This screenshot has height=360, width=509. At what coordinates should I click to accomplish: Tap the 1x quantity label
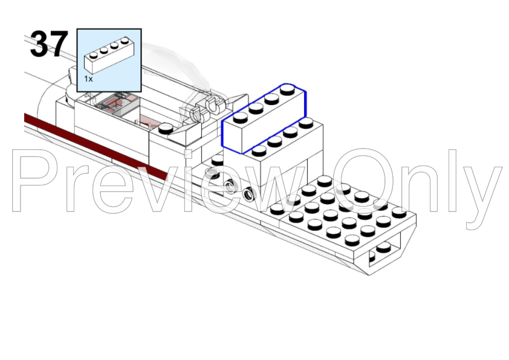(88, 79)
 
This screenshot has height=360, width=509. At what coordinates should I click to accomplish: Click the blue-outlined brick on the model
(264, 118)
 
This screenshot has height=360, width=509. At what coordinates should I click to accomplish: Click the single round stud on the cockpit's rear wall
(166, 128)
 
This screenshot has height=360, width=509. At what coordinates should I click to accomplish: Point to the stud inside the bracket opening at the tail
(383, 247)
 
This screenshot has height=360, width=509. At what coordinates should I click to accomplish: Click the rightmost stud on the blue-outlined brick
(287, 89)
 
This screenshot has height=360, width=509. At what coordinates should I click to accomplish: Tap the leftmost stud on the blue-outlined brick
(240, 117)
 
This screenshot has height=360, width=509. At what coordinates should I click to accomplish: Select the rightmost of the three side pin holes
(249, 194)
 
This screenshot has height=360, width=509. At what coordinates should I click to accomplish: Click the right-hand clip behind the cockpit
(213, 104)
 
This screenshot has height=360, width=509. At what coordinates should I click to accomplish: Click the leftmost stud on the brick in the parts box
(94, 55)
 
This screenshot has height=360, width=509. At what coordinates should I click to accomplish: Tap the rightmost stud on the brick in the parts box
(125, 40)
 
